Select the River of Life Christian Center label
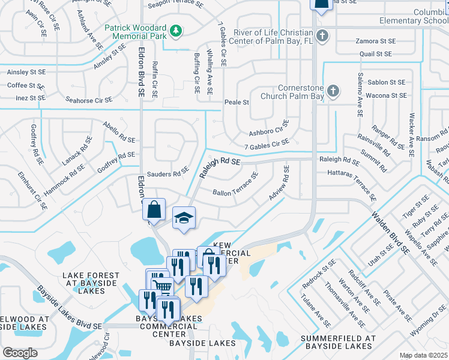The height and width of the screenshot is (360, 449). pos(273,36)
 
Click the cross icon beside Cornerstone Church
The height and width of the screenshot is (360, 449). pos(333,92)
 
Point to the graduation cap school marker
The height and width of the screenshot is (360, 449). pos(184,218)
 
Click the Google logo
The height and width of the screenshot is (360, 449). pos(20,353)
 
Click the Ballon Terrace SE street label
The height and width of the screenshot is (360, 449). pos(235,184)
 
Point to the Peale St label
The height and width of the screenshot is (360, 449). pos(237,103)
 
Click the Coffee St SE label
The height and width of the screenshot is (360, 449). pos(26,85)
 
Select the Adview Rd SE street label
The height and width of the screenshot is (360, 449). pos(280,187)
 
